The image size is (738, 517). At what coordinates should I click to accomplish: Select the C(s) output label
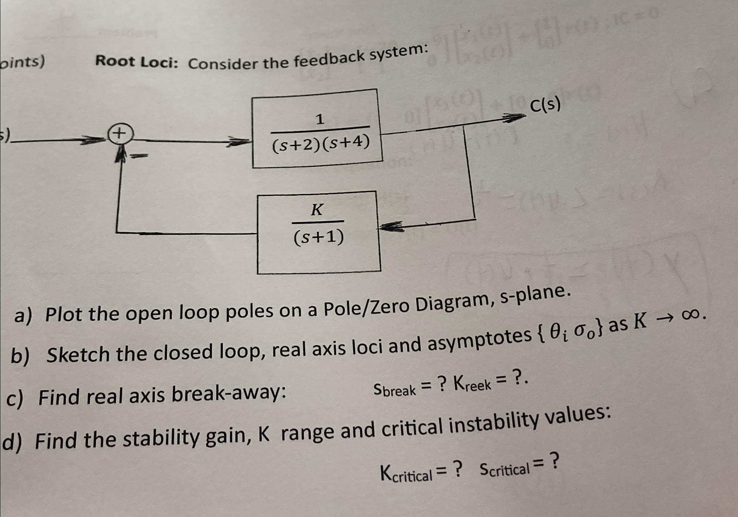tap(545, 105)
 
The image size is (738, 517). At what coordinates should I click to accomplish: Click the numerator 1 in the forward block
tap(320, 119)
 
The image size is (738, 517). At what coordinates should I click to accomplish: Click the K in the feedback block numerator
tap(317, 210)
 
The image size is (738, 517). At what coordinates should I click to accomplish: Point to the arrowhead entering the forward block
tap(241, 142)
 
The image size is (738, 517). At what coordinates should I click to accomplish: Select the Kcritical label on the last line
tap(406, 474)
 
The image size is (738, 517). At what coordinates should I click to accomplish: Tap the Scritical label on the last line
tap(504, 469)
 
